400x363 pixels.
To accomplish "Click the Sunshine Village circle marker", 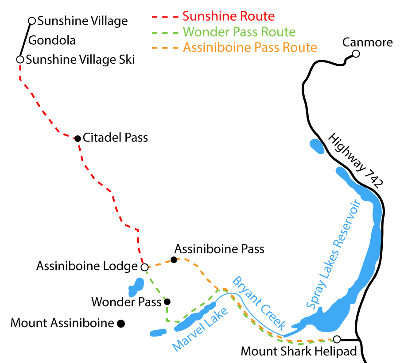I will coord(31,20).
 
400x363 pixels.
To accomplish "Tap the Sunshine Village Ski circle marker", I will coord(20,59).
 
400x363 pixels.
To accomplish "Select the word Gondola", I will coord(52,40).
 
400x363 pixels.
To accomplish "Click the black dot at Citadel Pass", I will coord(78,138).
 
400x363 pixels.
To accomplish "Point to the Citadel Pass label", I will coord(116,138).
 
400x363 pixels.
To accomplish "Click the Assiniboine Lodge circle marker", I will coord(144,267).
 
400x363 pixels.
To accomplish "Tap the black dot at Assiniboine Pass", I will coord(174,260).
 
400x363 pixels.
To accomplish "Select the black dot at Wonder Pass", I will coord(167,302).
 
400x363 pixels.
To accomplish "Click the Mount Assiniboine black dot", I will coord(120,324).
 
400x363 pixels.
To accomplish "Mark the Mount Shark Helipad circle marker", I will coord(337,340).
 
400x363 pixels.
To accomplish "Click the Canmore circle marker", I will coord(355,54).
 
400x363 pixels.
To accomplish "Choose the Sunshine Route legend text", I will coord(229,17).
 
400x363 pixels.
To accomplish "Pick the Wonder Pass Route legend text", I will coord(239,32).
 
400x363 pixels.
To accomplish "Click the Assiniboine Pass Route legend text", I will coord(250,47).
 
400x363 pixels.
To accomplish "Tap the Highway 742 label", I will coord(354,161).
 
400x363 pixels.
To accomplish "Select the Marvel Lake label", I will coord(201,329).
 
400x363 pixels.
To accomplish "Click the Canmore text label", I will coord(368,42).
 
